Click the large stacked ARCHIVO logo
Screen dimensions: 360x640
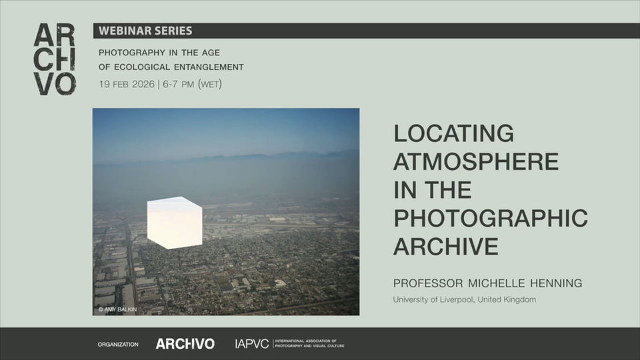[x=55, y=60]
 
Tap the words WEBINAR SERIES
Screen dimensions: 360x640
[x=145, y=31]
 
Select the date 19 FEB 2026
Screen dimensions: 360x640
[x=126, y=85]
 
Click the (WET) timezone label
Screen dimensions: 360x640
[x=210, y=85]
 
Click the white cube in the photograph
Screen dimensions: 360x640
[x=174, y=222]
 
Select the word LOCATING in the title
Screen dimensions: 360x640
[x=454, y=133]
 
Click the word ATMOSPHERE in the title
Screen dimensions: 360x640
[x=476, y=162]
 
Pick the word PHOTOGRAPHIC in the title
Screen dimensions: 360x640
[x=491, y=218]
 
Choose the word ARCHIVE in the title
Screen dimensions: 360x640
[x=446, y=247]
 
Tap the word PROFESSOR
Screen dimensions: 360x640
[x=425, y=283]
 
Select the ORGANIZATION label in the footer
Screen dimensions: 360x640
[x=118, y=345]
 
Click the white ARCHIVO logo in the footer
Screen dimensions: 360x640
[x=185, y=344]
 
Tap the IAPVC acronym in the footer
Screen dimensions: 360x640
[x=252, y=344]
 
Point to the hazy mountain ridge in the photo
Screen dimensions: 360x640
[x=267, y=157]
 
